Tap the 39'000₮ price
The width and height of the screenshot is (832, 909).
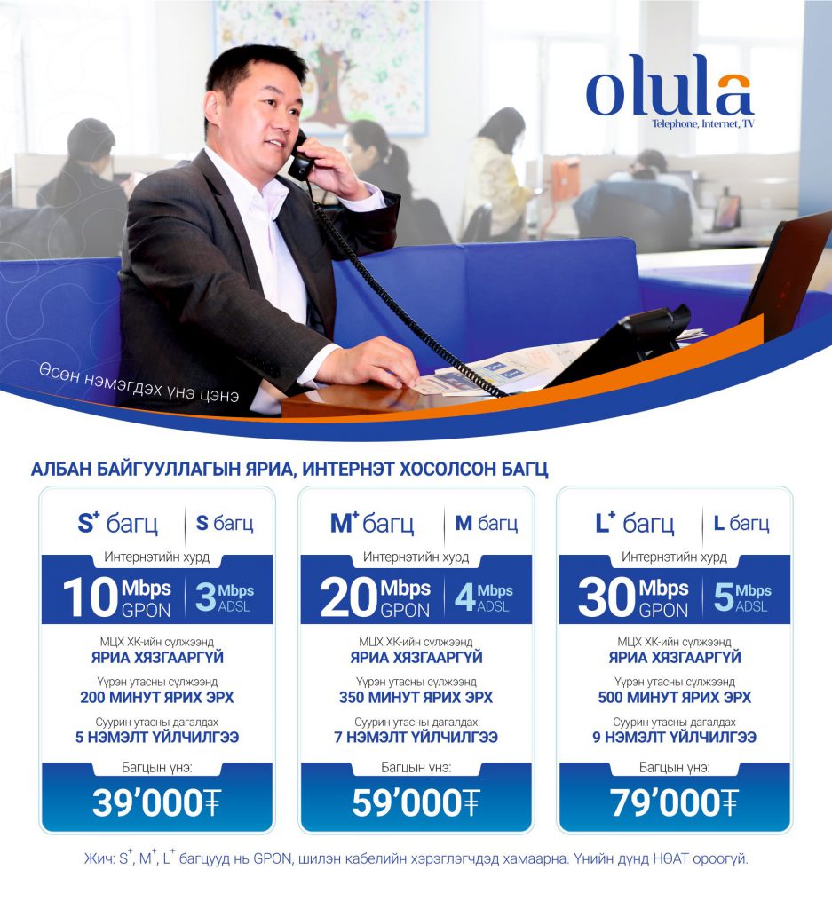click(x=156, y=802)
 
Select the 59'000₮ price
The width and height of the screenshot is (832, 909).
click(x=416, y=802)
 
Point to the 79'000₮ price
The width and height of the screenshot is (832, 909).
click(x=674, y=802)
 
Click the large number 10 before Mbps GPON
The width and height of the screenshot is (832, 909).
click(x=91, y=597)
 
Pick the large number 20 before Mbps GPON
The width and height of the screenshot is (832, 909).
click(x=349, y=597)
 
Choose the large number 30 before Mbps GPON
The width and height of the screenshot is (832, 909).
click(x=607, y=597)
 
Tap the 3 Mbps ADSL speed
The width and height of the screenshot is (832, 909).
click(x=225, y=597)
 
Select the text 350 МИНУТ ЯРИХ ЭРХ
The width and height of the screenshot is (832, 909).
click(x=416, y=697)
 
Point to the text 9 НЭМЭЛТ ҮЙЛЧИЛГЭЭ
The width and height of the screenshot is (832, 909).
click(x=674, y=737)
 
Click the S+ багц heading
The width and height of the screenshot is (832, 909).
click(x=118, y=523)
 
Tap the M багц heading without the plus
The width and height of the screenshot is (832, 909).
click(x=487, y=524)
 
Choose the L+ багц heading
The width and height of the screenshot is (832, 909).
click(x=635, y=523)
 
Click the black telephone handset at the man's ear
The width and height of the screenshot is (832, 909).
click(x=301, y=156)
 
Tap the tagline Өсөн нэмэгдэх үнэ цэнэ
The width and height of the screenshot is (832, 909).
click(x=139, y=383)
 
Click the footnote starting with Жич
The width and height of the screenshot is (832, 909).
click(x=416, y=858)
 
